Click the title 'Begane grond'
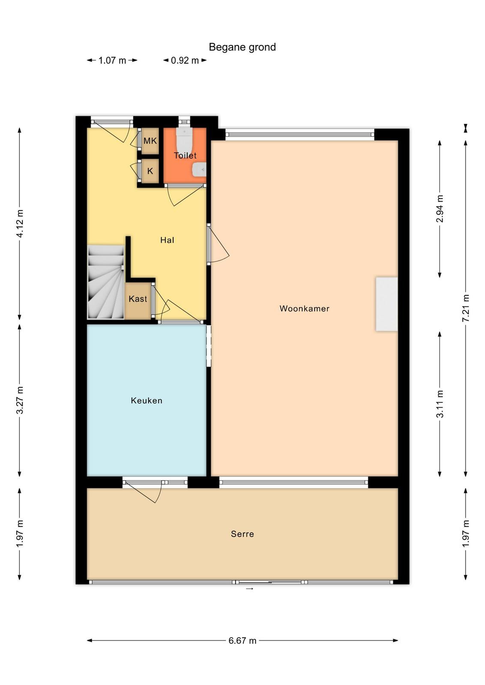click(242, 47)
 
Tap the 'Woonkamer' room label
click(304, 308)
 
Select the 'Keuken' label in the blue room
click(147, 400)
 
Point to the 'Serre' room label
click(242, 534)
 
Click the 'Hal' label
click(167, 240)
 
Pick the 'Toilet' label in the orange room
click(185, 155)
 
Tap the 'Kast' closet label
click(138, 299)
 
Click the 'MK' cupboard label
click(150, 141)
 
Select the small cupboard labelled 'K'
click(150, 171)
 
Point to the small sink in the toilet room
click(199, 170)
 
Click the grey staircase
click(106, 282)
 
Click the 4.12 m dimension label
click(20, 223)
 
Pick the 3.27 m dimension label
click(20, 400)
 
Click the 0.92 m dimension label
click(185, 60)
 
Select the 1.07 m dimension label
click(112, 60)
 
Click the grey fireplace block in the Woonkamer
click(387, 304)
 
